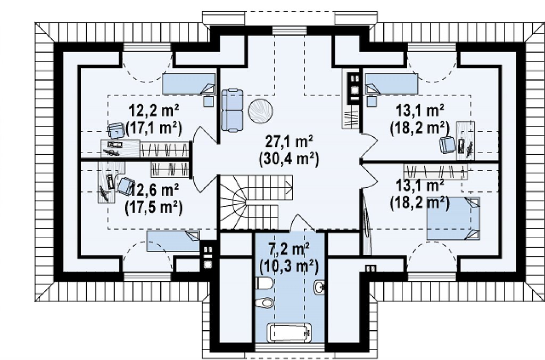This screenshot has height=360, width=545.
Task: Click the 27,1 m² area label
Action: pos(289,141)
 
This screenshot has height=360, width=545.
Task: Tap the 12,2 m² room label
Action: pos(154,111)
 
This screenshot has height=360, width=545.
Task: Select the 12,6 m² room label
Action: pos(154,190)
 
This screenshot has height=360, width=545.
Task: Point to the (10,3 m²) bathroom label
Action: pos(289,266)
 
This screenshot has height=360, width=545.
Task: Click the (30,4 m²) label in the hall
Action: pos(289,159)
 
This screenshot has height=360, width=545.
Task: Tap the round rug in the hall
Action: pos(260,111)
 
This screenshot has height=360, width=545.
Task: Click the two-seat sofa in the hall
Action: pos(232,111)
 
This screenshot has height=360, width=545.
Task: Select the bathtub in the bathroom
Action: pos(289,332)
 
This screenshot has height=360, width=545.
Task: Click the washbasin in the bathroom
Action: pos(319,287)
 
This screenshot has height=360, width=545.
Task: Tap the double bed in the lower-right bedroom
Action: pos(453,219)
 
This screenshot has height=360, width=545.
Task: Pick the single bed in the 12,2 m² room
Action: pos(188,83)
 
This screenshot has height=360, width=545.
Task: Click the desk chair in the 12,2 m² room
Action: pos(116,130)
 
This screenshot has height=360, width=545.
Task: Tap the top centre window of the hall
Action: pos(289,30)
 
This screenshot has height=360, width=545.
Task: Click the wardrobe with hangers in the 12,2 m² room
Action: pos(165,149)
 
